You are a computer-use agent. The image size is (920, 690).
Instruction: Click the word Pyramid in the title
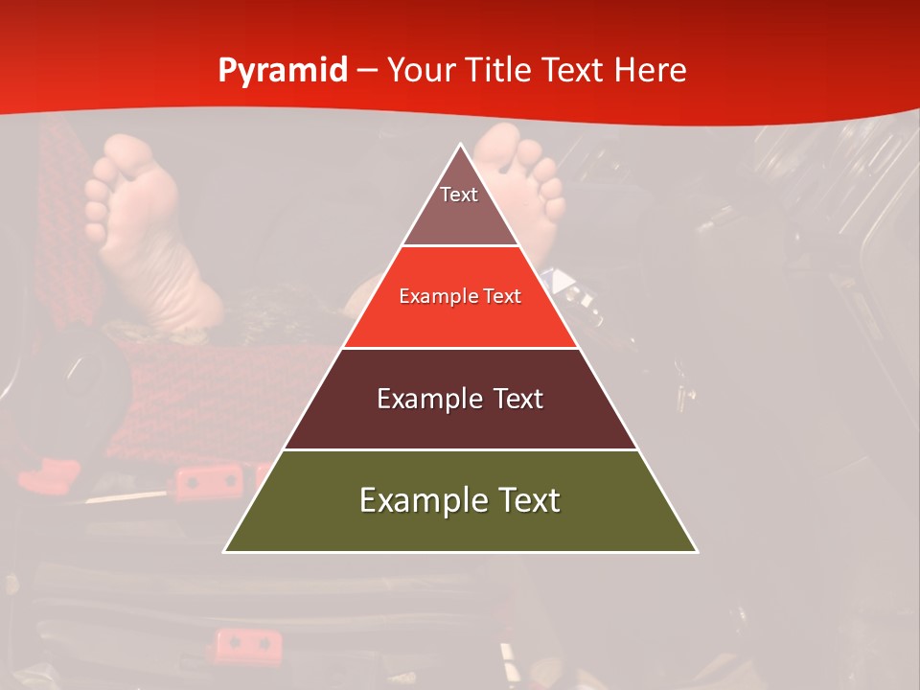(282, 71)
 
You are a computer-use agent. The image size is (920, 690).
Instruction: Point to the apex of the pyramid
(460, 146)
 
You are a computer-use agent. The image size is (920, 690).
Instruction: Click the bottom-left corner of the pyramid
(226, 551)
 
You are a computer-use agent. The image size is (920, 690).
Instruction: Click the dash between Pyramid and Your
(367, 71)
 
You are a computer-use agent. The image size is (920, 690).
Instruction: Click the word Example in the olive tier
(411, 501)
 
